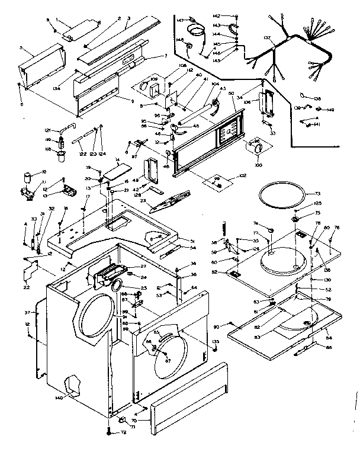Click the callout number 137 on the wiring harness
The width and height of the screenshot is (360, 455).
click(267, 38)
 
